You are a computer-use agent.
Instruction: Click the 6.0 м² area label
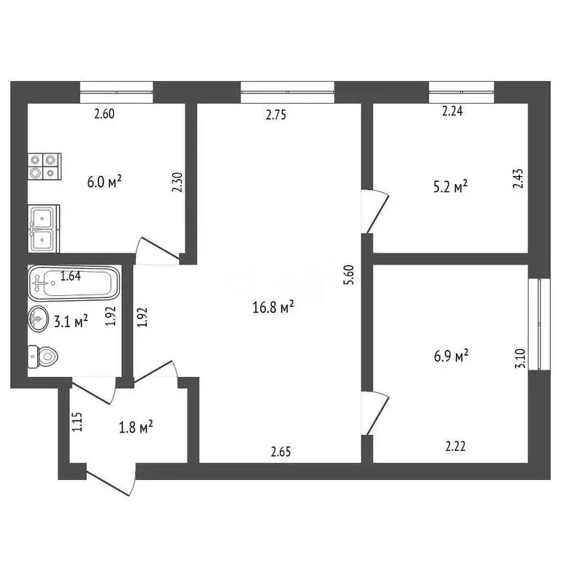point(104,182)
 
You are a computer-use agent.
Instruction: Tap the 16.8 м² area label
point(273,308)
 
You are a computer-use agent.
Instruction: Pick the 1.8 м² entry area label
point(136,426)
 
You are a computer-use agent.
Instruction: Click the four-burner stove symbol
point(44,165)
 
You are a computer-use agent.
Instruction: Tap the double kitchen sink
point(44,227)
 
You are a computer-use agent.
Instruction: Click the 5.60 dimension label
point(348,275)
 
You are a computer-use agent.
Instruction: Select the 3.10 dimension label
point(519,359)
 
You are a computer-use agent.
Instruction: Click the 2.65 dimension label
point(280,451)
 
